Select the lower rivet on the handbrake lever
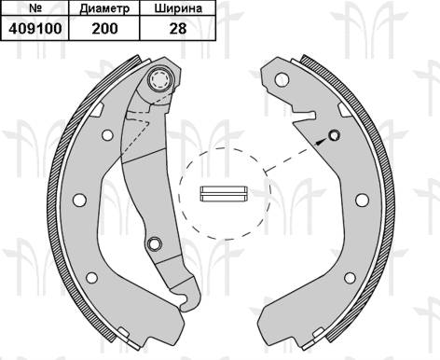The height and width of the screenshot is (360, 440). tap(155, 243)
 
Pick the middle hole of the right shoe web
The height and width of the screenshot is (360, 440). tap(361, 199)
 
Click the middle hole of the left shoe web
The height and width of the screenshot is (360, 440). tap(78, 199)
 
